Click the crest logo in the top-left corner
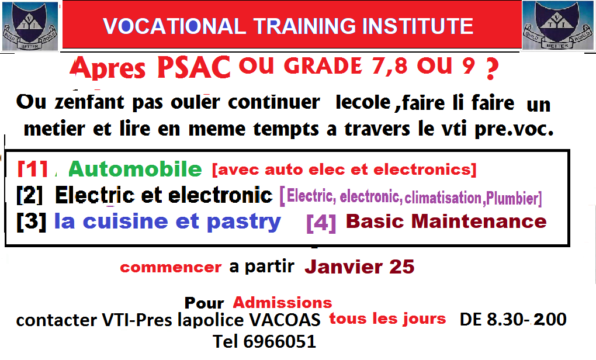point(30,26)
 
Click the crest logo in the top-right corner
point(557,26)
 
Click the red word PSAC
point(193,68)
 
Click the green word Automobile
point(135,169)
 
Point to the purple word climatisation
point(442,197)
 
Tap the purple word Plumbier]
point(514,198)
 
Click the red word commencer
point(171,268)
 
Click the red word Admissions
point(282,302)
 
